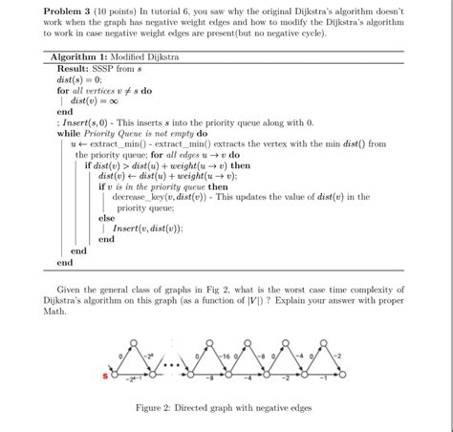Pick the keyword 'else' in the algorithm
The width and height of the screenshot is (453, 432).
coord(106,219)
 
